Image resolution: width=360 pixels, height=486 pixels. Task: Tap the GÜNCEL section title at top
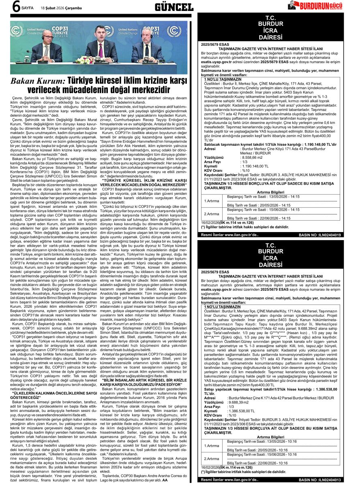pos(174,7)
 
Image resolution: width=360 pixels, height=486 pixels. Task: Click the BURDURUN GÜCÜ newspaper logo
pos(320,6)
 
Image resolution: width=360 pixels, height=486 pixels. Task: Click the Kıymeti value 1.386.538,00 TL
pos(242,410)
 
